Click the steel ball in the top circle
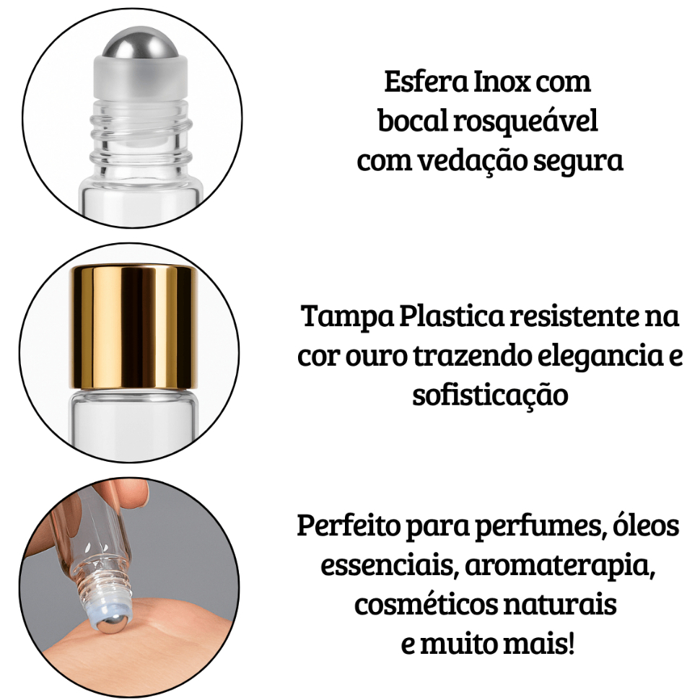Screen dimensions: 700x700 click(141, 43)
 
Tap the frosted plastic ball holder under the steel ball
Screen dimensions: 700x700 click(141, 77)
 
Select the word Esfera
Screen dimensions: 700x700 click(426, 82)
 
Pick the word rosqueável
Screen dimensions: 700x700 click(525, 122)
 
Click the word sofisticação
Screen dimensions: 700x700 click(490, 395)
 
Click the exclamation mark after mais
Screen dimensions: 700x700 click(571, 643)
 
